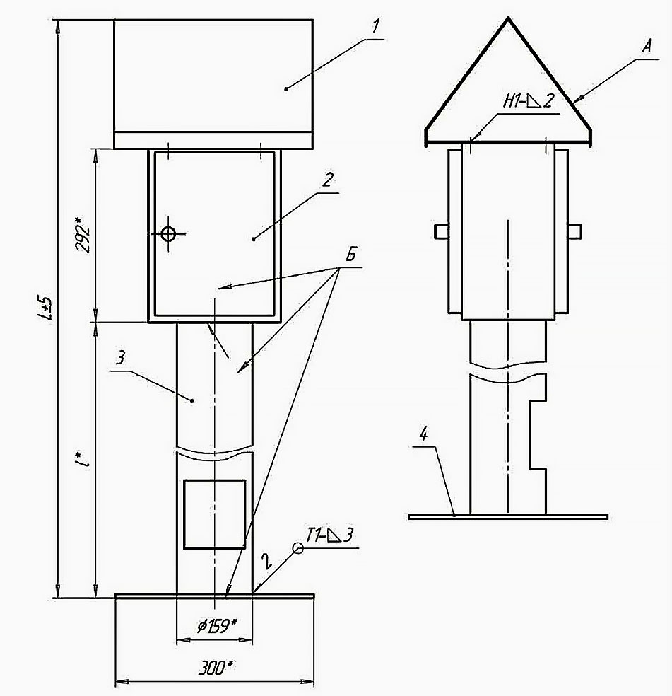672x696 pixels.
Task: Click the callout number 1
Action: pyautogui.click(x=375, y=27)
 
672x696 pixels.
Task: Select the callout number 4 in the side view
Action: pyautogui.click(x=423, y=434)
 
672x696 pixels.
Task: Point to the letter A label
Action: pyautogui.click(x=647, y=46)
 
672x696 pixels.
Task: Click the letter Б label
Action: pyautogui.click(x=351, y=255)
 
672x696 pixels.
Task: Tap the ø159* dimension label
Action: pyautogui.click(x=217, y=626)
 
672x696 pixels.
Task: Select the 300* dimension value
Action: pyautogui.click(x=216, y=668)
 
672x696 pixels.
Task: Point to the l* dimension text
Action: pyautogui.click(x=83, y=460)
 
